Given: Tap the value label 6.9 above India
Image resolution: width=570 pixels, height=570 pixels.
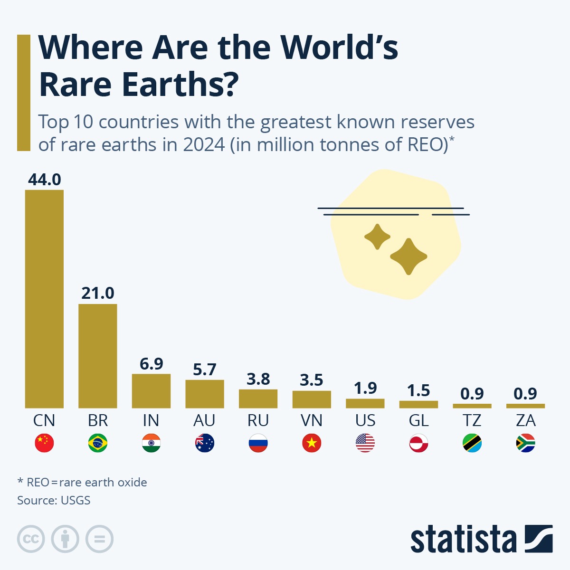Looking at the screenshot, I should coord(151,364).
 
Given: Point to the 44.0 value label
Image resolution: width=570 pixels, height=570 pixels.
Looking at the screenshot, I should coord(44,180).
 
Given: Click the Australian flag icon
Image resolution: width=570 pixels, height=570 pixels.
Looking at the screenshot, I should coord(205,443).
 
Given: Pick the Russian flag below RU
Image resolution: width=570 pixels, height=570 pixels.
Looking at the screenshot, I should coord(258,443).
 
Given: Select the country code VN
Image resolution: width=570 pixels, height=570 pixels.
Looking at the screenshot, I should coord(312,420).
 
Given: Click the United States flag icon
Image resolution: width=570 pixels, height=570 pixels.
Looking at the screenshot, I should coord(365,443).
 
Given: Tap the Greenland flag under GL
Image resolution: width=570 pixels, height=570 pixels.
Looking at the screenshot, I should coord(418,443).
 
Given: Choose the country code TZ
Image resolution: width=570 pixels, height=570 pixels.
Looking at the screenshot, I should coord(472,420).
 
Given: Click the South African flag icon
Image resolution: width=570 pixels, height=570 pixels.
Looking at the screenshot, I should coord(525,443).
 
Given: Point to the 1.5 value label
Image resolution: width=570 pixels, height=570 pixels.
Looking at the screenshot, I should coord(418,390).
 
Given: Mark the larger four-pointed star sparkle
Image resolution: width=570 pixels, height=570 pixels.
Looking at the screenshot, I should coord(408,256).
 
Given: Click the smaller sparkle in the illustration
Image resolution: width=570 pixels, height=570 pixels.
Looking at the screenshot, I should coord(377,237).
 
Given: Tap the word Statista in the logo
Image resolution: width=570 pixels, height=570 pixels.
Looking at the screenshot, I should coord(463,540).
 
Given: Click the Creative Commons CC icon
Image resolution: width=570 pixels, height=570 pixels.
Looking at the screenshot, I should coord(31,539).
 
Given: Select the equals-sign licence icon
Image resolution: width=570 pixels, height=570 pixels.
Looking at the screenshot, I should coord(99,539).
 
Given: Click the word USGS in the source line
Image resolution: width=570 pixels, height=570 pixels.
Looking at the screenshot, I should coord(75,500).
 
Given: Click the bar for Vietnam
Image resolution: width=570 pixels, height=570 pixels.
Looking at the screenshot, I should coord(312,399).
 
